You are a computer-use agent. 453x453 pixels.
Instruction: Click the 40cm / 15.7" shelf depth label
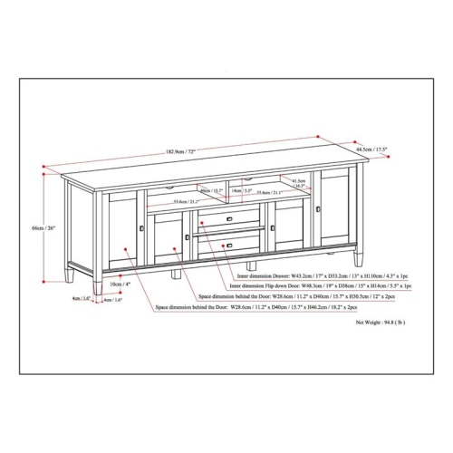[x=209, y=190]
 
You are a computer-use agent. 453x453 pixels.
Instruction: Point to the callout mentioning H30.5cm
[x=299, y=296]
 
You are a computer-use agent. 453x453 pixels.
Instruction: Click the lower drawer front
[x=226, y=244]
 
